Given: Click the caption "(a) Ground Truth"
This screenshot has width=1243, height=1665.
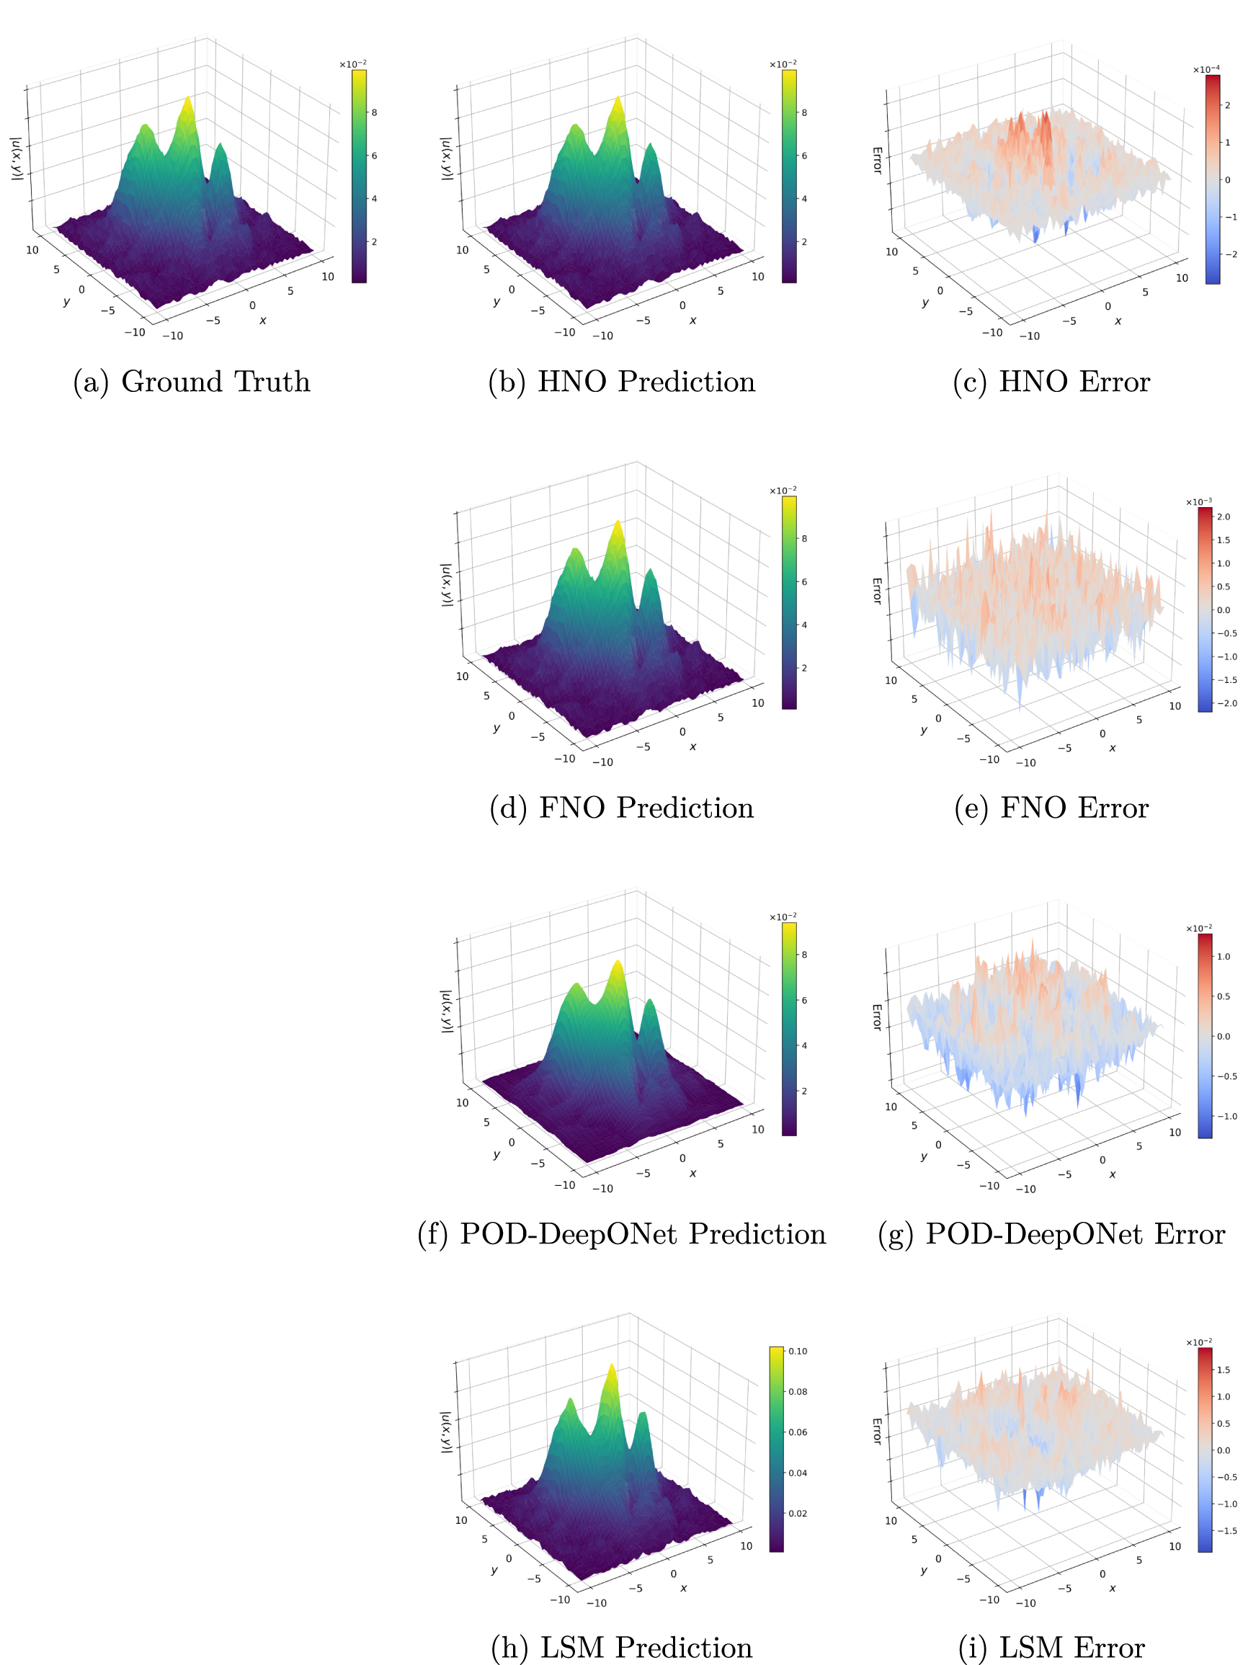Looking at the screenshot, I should coord(191,381).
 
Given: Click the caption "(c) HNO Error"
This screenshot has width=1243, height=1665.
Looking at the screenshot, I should coord(1051,381).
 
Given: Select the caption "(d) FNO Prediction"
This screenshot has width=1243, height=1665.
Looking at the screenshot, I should coord(621,808).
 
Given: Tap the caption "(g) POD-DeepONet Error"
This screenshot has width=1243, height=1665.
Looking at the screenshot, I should coord(1051,1234).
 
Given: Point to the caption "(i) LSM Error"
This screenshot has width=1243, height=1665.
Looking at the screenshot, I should coord(1051,1647).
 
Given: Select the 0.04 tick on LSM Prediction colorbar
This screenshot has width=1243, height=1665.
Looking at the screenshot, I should coord(798,1473).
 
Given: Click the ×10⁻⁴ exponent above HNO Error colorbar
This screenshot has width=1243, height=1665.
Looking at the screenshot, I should coord(1206,69).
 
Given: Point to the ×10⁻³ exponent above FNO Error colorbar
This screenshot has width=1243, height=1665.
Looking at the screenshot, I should coord(1198,501).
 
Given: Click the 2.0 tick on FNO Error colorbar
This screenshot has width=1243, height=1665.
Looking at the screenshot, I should coord(1224,517).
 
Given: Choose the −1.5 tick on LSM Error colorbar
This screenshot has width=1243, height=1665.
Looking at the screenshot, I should coord(1226,1530).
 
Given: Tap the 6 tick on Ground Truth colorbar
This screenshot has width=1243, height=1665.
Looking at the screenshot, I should coord(374,156).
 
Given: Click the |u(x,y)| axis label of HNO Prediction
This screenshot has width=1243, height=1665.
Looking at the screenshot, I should coord(446,158).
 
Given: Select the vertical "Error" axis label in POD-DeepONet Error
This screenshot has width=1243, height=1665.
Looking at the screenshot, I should coord(876,1017).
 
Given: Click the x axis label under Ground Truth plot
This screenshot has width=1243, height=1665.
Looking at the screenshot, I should coord(262,321).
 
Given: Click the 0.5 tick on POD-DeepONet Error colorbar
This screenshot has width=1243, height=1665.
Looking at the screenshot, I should coord(1224,996).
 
